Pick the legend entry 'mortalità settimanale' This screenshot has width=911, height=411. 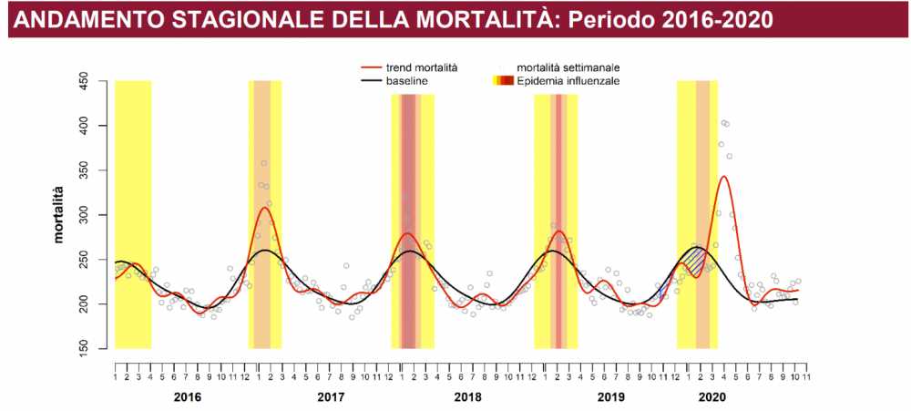[x=568, y=67]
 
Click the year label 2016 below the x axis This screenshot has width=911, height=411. [x=187, y=397]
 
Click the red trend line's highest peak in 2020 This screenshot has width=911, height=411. [x=724, y=177]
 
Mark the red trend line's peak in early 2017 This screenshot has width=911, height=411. [x=264, y=208]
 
